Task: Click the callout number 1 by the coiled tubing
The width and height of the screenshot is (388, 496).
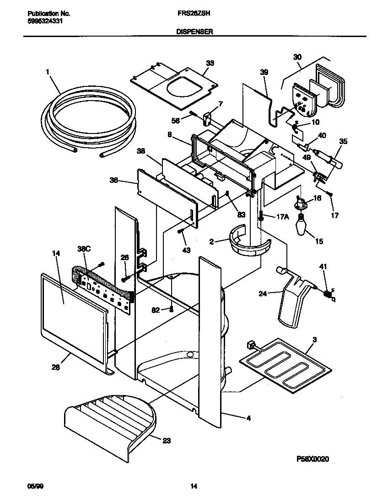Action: pos(47,71)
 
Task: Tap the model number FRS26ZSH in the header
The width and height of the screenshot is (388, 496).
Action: pos(190,14)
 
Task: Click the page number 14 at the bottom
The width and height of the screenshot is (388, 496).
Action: pos(194,486)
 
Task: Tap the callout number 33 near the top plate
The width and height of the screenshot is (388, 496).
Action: pos(210,63)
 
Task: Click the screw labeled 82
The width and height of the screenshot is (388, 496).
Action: pos(172,309)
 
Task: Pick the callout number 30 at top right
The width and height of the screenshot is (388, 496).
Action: pos(297,57)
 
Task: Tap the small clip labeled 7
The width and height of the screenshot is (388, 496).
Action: pos(206,118)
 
